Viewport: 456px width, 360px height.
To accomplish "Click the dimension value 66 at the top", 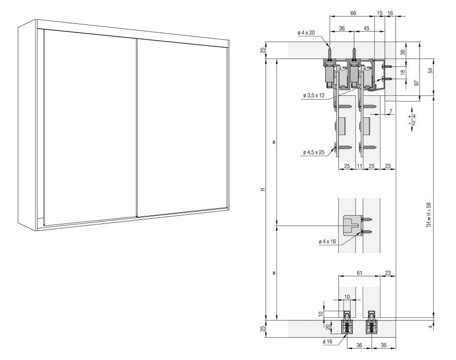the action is [353, 13].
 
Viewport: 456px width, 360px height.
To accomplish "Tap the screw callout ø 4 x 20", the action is [306, 33].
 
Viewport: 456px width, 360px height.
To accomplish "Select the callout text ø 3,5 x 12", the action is [314, 95].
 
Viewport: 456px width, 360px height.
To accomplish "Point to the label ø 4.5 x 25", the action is [313, 152].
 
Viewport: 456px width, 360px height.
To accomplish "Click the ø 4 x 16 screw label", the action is [327, 242].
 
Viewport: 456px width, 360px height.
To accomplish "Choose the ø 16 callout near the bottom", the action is [328, 342].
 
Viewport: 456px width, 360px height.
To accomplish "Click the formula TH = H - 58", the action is [429, 215].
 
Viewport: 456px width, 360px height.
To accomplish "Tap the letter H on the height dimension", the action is [263, 189].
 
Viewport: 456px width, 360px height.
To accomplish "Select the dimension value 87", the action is [416, 83].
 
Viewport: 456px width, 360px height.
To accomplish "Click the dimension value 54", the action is [431, 70].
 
